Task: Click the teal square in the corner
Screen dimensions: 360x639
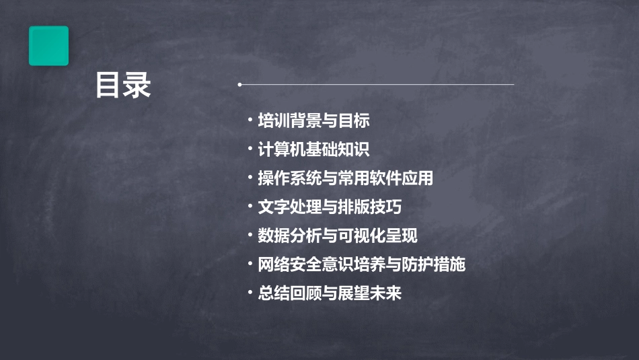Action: click(48, 46)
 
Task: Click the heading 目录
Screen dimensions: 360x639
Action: click(123, 85)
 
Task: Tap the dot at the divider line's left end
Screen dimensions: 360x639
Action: click(239, 85)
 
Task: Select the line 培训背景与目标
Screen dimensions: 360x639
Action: click(313, 121)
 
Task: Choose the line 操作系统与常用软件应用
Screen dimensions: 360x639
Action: click(345, 178)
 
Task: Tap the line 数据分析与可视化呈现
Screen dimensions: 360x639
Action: click(338, 236)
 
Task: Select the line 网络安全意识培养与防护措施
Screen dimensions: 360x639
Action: click(361, 264)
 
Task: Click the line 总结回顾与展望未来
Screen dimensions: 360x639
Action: click(330, 293)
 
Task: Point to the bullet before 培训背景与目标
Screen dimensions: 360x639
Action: click(250, 120)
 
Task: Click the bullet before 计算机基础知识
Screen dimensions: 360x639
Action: click(250, 149)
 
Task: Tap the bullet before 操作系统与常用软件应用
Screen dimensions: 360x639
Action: click(250, 178)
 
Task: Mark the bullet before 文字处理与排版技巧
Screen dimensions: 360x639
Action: click(250, 206)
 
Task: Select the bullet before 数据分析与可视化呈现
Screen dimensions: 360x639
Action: click(250, 235)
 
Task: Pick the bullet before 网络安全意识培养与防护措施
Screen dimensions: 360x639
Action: click(250, 264)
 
